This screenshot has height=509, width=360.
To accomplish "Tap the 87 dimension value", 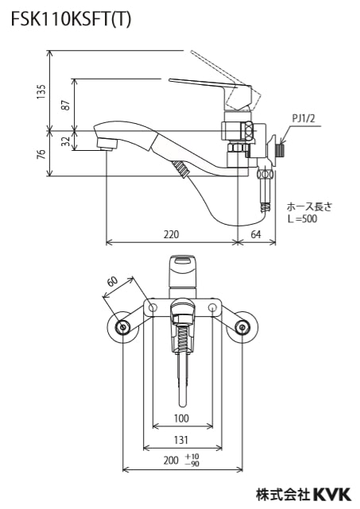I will click(x=66, y=104).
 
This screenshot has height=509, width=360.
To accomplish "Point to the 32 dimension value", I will click(x=66, y=141).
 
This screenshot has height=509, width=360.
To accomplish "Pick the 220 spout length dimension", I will click(x=171, y=234).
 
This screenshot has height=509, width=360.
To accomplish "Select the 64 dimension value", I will click(x=256, y=234).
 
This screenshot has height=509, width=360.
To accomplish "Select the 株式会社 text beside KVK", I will click(x=282, y=494).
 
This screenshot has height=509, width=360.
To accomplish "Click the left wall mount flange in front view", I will click(x=122, y=327).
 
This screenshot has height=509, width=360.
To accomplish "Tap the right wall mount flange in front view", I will click(x=242, y=327).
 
